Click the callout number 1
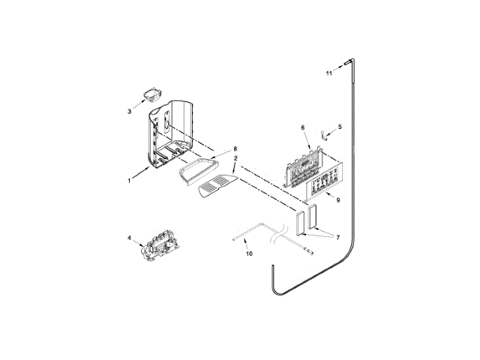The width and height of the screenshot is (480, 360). [x=129, y=181]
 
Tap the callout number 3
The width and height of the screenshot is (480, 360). [x=129, y=112]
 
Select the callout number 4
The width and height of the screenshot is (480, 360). [x=129, y=238]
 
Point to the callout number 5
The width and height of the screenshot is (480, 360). [x=340, y=127]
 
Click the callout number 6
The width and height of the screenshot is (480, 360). [x=303, y=127]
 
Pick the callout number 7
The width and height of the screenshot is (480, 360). [x=338, y=237]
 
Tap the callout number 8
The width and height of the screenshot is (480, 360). [x=235, y=148]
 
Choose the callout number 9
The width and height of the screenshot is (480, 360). [x=338, y=200]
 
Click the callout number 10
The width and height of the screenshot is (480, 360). [x=250, y=253]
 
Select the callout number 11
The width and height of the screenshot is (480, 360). [x=328, y=73]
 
